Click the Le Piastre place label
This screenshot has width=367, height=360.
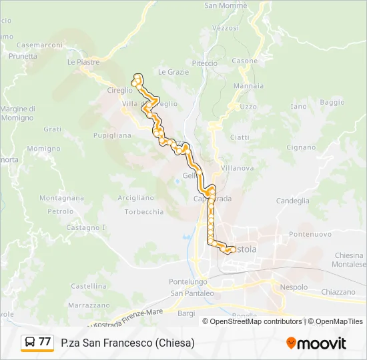pyautogui.click(x=83, y=62)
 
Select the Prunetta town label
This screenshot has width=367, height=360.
pyautogui.click(x=23, y=57)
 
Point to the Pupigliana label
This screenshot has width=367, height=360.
pyautogui.click(x=111, y=135)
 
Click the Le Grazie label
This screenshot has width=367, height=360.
pyautogui.click(x=173, y=72)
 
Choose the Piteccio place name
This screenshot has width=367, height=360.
pyautogui.click(x=205, y=63)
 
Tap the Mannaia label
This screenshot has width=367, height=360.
pyautogui.click(x=248, y=86)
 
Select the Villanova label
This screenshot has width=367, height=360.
pyautogui.click(x=237, y=168)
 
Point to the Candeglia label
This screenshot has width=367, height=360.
pyautogui.click(x=292, y=200)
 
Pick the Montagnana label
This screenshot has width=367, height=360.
pyautogui.click(x=61, y=198)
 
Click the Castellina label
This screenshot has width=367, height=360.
pyautogui.click(x=88, y=286)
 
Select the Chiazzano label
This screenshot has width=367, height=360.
pyautogui.click(x=338, y=292)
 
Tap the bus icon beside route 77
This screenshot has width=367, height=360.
pyautogui.click(x=30, y=343)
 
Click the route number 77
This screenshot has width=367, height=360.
pyautogui.click(x=45, y=342)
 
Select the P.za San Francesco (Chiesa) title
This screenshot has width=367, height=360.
pyautogui.click(x=127, y=343)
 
